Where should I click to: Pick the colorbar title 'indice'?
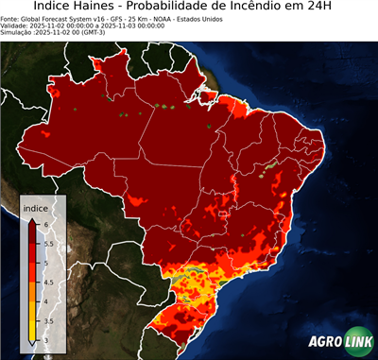[35, 207]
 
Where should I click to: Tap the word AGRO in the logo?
[325, 342]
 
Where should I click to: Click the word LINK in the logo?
[355, 342]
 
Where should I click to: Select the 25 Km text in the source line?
[147, 18]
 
